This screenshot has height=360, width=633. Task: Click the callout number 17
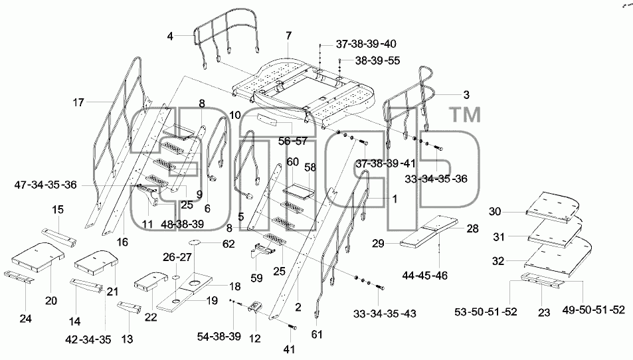click(x=78, y=102)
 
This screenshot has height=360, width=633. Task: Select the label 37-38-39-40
click(x=366, y=44)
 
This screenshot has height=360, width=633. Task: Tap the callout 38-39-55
click(x=377, y=60)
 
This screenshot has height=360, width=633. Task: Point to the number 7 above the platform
click(x=288, y=36)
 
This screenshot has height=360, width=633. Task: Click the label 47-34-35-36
click(x=45, y=185)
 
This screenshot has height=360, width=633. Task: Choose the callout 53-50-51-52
click(x=486, y=312)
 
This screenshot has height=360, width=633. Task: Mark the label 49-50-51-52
click(x=593, y=310)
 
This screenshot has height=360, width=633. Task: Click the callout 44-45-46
click(x=424, y=276)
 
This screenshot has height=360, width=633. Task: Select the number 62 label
click(x=228, y=244)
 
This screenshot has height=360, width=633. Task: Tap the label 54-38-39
click(x=219, y=336)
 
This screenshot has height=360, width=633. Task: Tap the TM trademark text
click(x=465, y=115)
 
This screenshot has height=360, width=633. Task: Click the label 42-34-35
click(x=88, y=339)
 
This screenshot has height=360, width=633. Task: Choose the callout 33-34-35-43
click(x=385, y=314)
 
